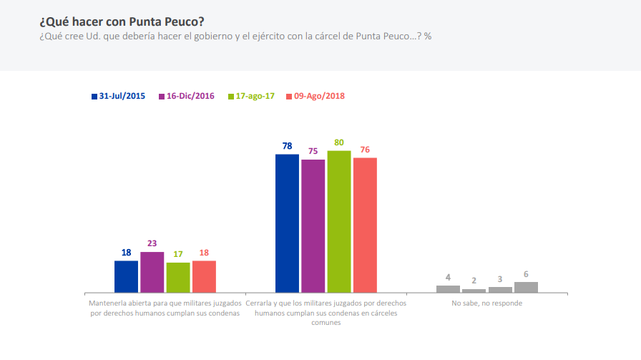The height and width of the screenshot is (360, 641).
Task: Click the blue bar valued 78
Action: [287, 223]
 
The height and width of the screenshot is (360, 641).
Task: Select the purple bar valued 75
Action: [313, 226]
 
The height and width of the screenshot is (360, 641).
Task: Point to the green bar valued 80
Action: [339, 222]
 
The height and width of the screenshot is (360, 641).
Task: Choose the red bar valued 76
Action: [365, 225]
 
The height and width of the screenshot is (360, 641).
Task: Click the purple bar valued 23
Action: [152, 272]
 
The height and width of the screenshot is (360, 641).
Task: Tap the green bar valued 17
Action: [178, 278]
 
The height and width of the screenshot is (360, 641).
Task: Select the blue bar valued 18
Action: [126, 276]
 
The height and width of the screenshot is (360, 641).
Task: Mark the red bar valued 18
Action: [204, 276]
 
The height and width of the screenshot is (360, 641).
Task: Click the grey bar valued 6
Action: [526, 287]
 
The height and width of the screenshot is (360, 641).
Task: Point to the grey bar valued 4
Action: [448, 289]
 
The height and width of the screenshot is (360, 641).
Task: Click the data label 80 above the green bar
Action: [339, 142]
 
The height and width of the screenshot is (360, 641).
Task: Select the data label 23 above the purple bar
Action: [152, 243]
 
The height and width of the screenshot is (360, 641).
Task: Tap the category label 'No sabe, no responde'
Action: [486, 303]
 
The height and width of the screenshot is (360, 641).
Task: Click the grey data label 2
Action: [474, 281]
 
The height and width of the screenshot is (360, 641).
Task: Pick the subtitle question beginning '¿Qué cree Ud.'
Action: [235, 36]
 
